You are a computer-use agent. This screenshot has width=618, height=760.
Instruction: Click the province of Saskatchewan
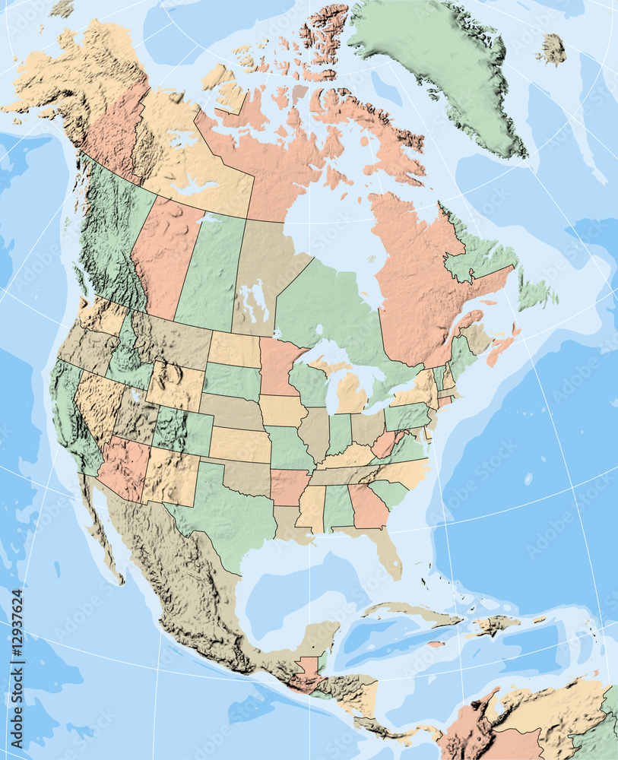coord(207,270)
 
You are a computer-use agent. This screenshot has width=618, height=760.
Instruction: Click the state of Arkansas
coord(289,486)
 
